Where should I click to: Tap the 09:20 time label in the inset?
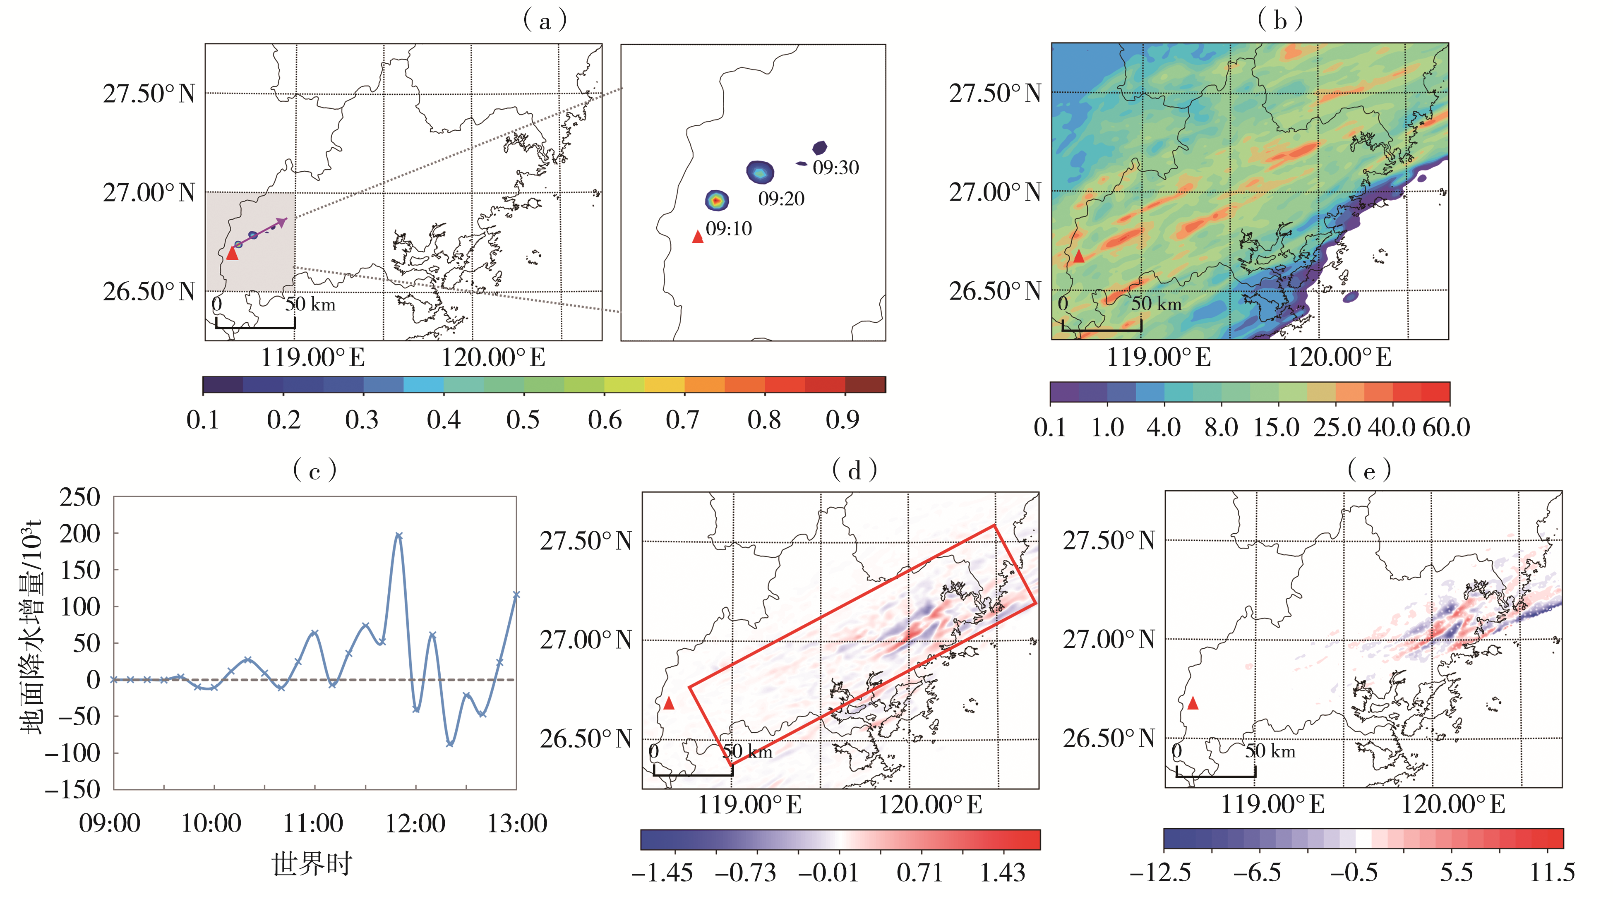tap(781, 199)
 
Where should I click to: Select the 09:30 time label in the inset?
tap(835, 168)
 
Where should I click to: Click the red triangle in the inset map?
tap(698, 237)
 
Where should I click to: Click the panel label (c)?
tap(315, 470)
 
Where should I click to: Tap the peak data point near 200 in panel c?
tap(399, 536)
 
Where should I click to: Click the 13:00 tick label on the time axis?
tap(516, 824)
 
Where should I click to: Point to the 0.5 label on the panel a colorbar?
tap(523, 420)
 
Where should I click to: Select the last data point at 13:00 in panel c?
tap(516, 595)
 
